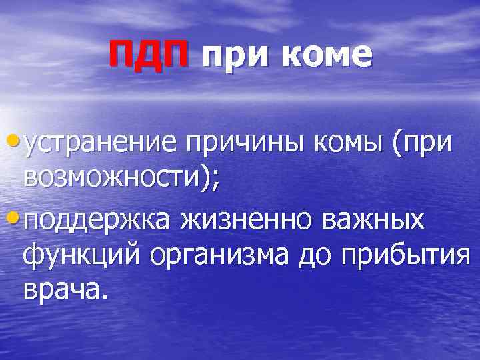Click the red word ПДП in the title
tap(150, 55)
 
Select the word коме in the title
tap(327, 57)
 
